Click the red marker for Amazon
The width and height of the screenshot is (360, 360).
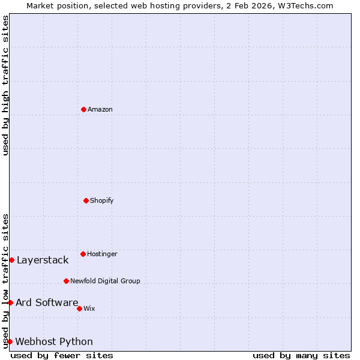[83, 109]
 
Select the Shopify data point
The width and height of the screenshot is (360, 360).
[86, 200]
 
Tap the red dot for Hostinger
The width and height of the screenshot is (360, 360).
[83, 254]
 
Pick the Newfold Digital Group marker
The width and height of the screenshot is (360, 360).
[66, 281]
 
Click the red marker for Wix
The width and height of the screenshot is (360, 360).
[79, 308]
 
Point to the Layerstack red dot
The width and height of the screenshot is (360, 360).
[11, 260]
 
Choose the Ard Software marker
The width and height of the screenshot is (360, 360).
[10, 302]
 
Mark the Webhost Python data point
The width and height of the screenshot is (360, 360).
[10, 341]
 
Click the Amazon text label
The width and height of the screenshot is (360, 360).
[100, 109]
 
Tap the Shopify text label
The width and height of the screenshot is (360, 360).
[102, 200]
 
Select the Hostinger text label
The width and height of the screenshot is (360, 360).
[102, 254]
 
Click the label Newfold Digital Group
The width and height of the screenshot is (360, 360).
[105, 281]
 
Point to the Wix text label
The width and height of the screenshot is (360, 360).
[89, 308]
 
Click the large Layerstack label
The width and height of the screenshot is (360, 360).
[43, 260]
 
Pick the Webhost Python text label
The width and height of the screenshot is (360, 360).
[54, 341]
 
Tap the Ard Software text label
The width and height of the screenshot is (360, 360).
[47, 302]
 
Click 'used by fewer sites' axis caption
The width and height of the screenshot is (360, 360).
[62, 355]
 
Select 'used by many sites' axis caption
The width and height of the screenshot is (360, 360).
[301, 355]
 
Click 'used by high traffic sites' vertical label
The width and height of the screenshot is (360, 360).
[5, 85]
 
